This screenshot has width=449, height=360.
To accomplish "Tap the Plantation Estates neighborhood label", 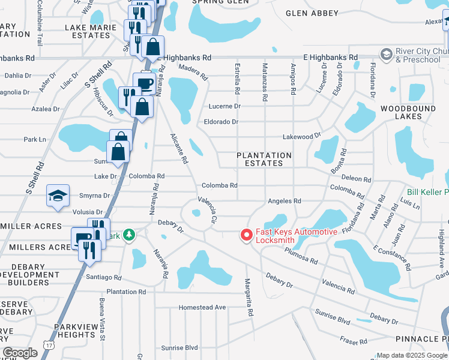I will pyautogui.click(x=264, y=159).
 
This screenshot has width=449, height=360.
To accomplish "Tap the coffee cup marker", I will pyautogui.click(x=144, y=83).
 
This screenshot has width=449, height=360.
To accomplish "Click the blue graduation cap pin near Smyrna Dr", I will pyautogui.click(x=58, y=197).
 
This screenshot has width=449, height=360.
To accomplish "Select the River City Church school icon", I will pyautogui.click(x=385, y=55).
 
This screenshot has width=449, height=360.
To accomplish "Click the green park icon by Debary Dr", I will pyautogui.click(x=128, y=234).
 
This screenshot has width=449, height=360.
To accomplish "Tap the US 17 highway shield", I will pyautogui.click(x=48, y=344).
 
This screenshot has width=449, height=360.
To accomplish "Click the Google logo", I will pyautogui.click(x=20, y=353).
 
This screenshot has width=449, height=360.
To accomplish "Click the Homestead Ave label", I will pyautogui.click(x=202, y=307).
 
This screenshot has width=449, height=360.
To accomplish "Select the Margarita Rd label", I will pyautogui.click(x=247, y=297).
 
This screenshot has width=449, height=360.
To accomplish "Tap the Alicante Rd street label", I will pyautogui.click(x=179, y=149).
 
